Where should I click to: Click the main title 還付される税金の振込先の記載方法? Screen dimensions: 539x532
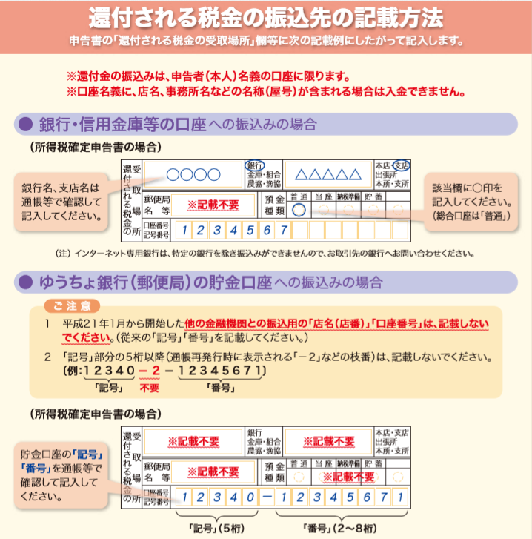pyautogui.click(x=265, y=16)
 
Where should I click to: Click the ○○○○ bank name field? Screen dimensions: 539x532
pyautogui.click(x=193, y=175)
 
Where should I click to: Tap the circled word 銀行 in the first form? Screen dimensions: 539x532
pyautogui.click(x=255, y=165)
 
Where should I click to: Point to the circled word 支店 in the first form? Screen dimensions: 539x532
pyautogui.click(x=402, y=165)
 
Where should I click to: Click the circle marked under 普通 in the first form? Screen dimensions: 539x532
pyautogui.click(x=299, y=210)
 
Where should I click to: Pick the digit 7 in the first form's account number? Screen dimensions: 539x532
pyautogui.click(x=282, y=230)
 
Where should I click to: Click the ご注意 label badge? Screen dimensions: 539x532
pyautogui.click(x=72, y=305)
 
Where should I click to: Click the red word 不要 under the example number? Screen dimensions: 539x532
pyautogui.click(x=150, y=386)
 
